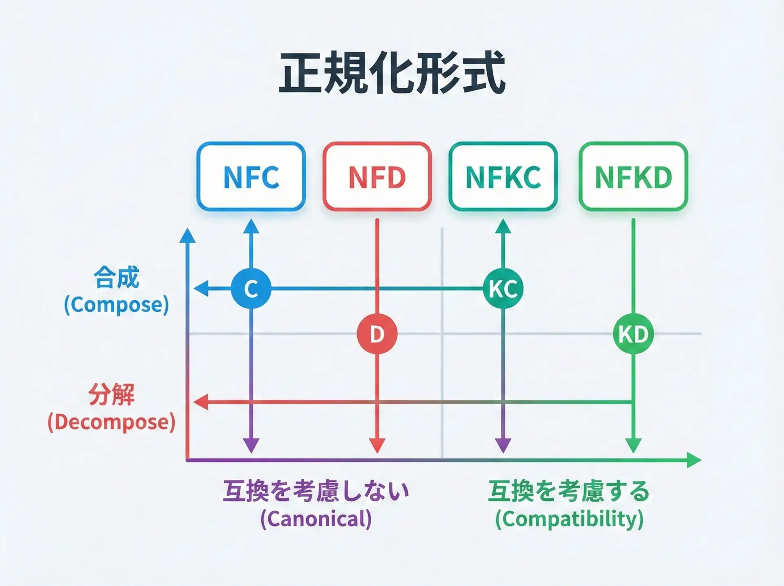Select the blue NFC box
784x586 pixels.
251,177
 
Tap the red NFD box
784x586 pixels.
377,177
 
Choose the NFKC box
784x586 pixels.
503,177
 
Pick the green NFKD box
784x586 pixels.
633,177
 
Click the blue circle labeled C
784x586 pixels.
251,289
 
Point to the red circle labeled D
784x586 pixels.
377,334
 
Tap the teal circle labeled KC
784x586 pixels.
503,289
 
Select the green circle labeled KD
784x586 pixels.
633,334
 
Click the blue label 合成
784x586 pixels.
116,277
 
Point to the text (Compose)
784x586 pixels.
116,305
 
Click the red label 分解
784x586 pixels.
111,395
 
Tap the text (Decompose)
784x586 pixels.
111,422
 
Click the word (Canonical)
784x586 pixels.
316,519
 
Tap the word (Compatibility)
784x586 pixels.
569,519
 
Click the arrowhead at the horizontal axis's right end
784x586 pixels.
694,460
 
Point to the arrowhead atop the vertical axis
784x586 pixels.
187,236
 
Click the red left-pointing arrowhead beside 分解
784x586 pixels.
201,402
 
